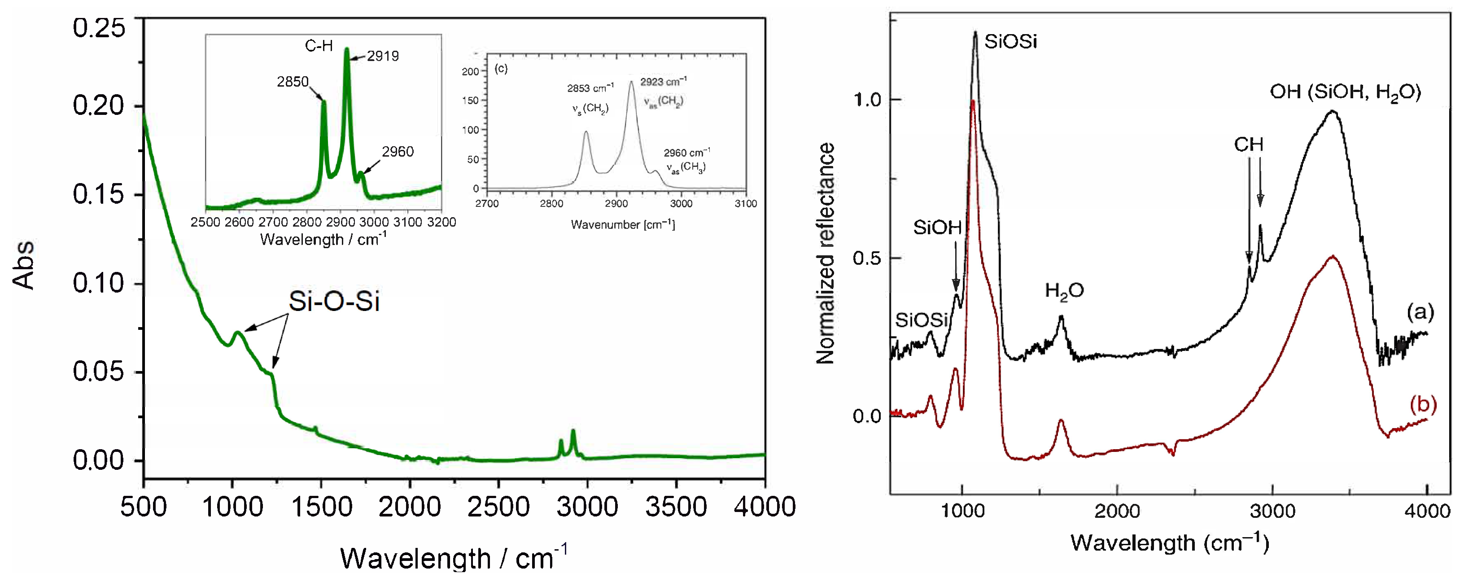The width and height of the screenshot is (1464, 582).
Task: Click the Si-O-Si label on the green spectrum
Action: pyautogui.click(x=334, y=301)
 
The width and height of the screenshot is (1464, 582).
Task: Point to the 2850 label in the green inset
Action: pyautogui.click(x=292, y=82)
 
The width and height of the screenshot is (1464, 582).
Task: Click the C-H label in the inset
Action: pyautogui.click(x=319, y=45)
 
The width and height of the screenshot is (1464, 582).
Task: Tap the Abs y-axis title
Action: pyautogui.click(x=24, y=265)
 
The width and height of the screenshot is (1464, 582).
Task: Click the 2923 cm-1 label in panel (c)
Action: pyautogui.click(x=663, y=81)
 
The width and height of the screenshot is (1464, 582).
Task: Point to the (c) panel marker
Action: pyautogui.click(x=501, y=69)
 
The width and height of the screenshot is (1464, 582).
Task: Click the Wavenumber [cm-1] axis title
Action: pyautogui.click(x=623, y=224)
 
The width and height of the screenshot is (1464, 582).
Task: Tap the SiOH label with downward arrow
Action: pyautogui.click(x=937, y=228)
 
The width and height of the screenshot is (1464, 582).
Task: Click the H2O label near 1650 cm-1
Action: pyautogui.click(x=1064, y=291)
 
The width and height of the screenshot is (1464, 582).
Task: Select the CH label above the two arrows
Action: pyautogui.click(x=1248, y=144)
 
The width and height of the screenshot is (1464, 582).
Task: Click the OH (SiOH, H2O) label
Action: pyautogui.click(x=1345, y=92)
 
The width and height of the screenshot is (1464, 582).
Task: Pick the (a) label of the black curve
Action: pyautogui.click(x=1420, y=311)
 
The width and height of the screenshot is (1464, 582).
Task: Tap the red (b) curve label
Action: pyautogui.click(x=1423, y=405)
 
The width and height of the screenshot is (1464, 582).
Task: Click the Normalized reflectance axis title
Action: pyautogui.click(x=825, y=254)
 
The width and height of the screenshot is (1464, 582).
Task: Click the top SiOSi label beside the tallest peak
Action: pyautogui.click(x=1010, y=41)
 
